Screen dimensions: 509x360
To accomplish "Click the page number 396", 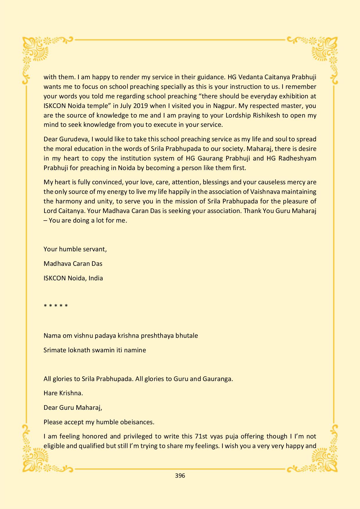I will pos(180,475).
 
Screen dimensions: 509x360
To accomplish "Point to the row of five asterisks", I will pos(56,306).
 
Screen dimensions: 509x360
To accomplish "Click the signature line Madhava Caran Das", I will pos(73,263).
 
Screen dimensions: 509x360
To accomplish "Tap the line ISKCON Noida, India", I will pos(73,278).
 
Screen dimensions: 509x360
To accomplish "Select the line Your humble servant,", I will pos(75,249).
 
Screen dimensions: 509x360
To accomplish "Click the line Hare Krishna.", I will pos(63,393).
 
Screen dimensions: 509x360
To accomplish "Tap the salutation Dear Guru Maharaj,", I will pos(73,407).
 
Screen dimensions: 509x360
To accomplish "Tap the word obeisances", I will pos(136,422).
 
